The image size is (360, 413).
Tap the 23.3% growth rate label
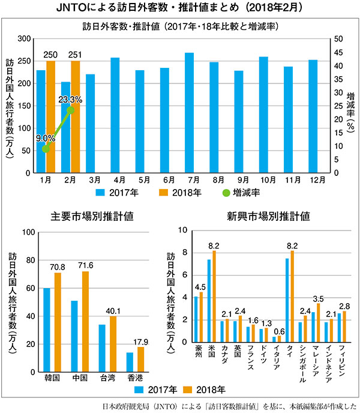pos(70,99)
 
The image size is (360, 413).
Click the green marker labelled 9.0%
pos(46,148)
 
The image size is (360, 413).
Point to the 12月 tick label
pos(313,179)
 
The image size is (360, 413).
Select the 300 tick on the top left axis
pos(23,39)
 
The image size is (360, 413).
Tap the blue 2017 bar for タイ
pos(287,300)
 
